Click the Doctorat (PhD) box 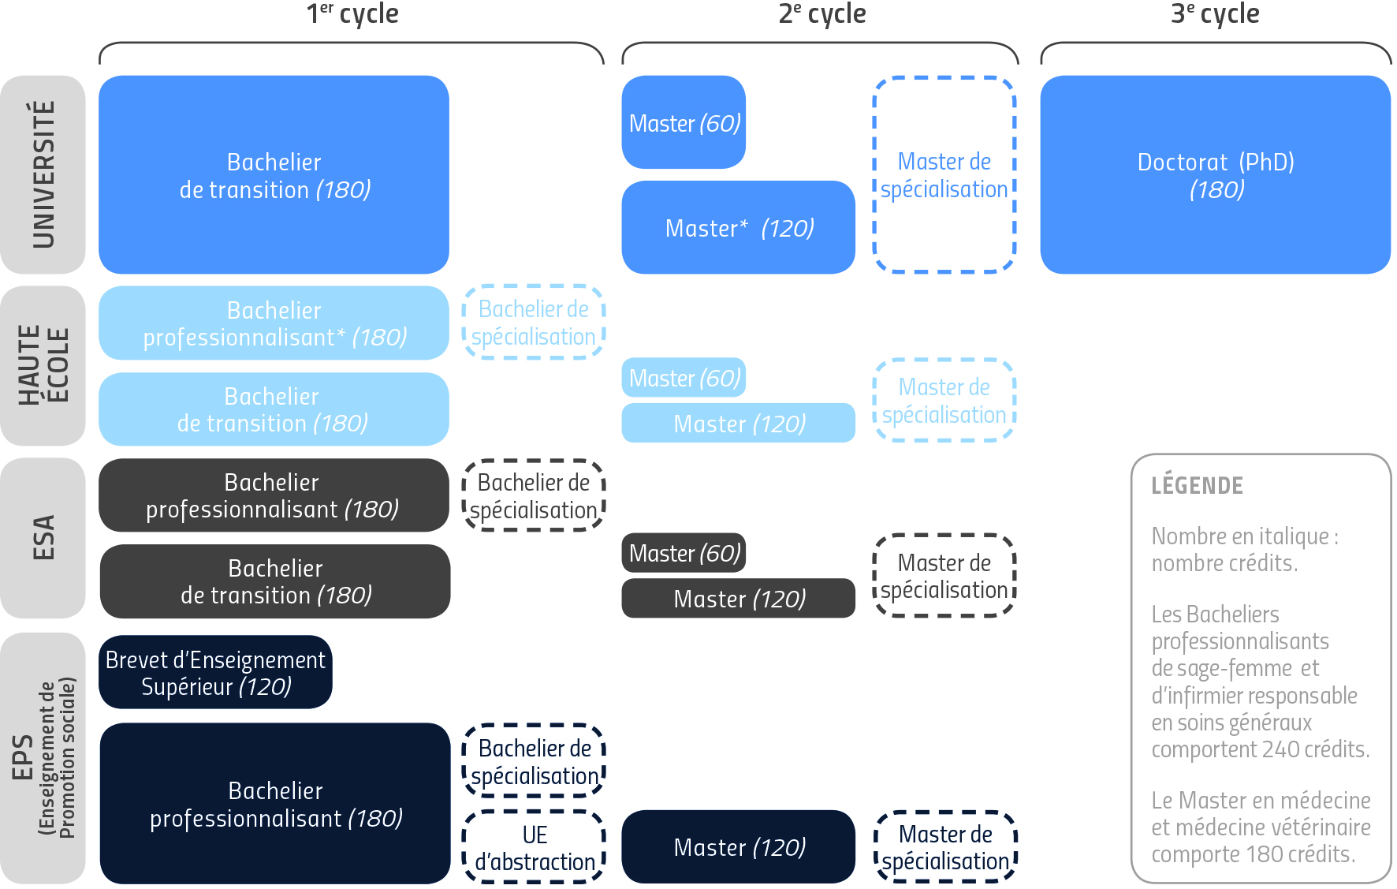tap(1215, 174)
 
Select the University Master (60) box tap(684, 123)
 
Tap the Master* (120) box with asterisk tap(738, 228)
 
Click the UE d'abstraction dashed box tap(534, 847)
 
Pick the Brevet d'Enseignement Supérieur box tap(215, 672)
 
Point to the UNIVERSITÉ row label tap(43, 174)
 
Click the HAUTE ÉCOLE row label tap(43, 365)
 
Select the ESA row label tap(43, 537)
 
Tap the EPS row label tap(43, 757)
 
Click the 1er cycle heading tap(352, 13)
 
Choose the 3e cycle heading tap(1215, 13)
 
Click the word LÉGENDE tap(1197, 485)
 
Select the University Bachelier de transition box tap(274, 174)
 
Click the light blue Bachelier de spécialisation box tap(534, 323)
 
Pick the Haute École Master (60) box tap(684, 378)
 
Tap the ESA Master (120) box tap(738, 599)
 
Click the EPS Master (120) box tap(738, 847)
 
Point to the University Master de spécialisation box tap(944, 174)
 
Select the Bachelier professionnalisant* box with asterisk tap(274, 323)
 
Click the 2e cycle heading tap(821, 13)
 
